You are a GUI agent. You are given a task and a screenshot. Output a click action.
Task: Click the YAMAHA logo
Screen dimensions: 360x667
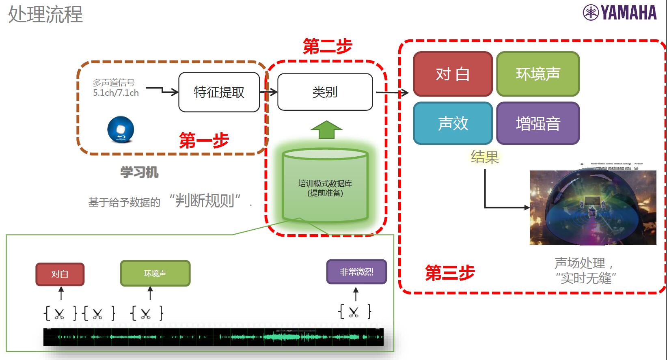click(x=620, y=13)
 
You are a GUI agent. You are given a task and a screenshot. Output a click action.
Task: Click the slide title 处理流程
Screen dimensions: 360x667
click(x=45, y=14)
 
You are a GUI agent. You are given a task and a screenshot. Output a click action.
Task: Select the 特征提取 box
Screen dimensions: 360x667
click(x=219, y=92)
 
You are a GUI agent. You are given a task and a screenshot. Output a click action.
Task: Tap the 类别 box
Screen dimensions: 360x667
click(x=325, y=92)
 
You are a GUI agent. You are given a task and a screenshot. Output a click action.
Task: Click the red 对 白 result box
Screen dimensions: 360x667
click(x=453, y=74)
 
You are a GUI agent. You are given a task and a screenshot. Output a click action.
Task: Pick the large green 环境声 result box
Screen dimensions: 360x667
click(x=538, y=74)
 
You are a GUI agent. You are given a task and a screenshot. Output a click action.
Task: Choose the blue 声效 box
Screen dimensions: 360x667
click(x=453, y=123)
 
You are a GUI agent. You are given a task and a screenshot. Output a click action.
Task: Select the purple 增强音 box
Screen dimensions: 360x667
click(x=538, y=123)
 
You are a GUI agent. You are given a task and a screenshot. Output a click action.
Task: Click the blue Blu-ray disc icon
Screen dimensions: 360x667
click(x=121, y=129)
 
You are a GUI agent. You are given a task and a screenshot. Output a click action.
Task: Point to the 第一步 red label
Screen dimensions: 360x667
click(x=204, y=141)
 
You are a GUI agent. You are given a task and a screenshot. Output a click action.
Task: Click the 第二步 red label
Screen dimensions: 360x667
click(x=327, y=47)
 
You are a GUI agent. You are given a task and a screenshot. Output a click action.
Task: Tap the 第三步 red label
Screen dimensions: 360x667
click(x=449, y=273)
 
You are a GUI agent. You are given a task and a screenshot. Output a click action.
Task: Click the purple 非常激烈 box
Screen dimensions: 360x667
click(x=356, y=272)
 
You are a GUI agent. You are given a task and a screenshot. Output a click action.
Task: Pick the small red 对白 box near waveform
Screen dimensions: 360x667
click(x=60, y=274)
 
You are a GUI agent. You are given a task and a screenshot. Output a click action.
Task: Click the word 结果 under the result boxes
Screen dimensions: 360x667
click(x=484, y=157)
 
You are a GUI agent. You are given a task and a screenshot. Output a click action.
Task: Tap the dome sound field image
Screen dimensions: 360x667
click(x=593, y=207)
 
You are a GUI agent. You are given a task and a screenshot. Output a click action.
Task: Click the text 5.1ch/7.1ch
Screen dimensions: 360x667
click(x=116, y=93)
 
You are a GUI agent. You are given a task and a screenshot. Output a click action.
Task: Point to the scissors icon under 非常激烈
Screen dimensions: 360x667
click(x=354, y=312)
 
